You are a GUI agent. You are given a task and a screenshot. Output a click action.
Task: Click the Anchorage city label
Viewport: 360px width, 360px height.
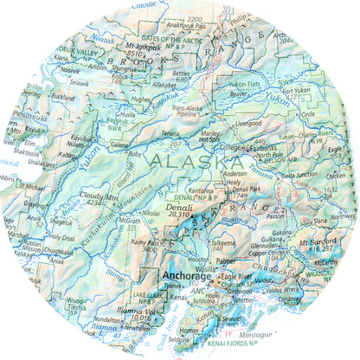coord(186,278)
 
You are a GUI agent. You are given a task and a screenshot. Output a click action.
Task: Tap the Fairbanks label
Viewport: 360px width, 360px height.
coord(260,148)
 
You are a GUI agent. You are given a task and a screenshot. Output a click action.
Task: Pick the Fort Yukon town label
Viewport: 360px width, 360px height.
coord(299,91)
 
